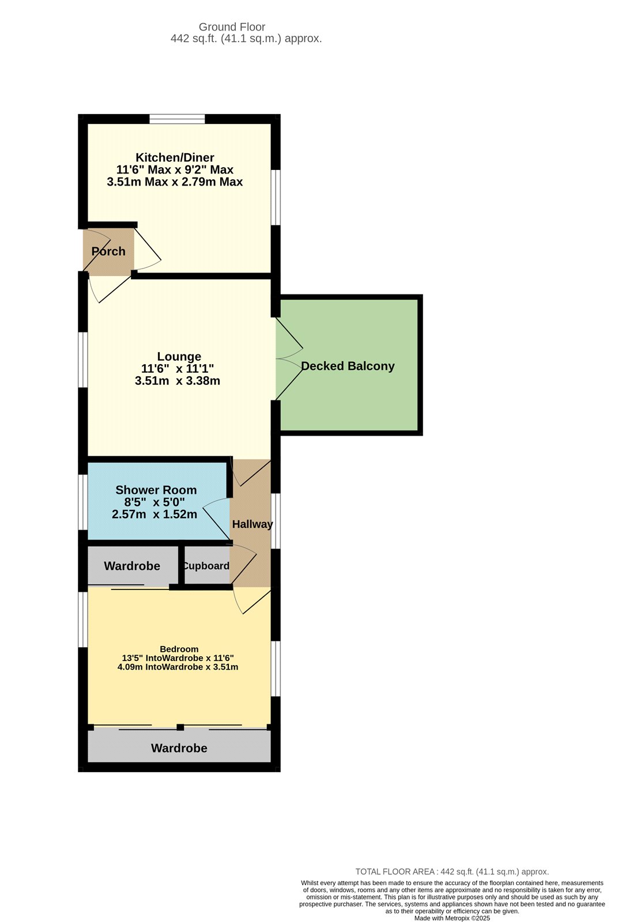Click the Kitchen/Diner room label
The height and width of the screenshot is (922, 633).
tap(175, 157)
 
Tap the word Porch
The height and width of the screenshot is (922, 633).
tap(108, 251)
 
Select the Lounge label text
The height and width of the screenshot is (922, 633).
tap(179, 357)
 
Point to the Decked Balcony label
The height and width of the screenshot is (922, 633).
tap(348, 366)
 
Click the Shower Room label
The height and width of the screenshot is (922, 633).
tap(156, 490)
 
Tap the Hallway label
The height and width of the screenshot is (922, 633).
tap(252, 524)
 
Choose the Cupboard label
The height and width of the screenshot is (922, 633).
tap(206, 566)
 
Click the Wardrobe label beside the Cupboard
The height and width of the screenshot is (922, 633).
tap(132, 566)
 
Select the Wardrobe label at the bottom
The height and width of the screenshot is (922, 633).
tap(179, 748)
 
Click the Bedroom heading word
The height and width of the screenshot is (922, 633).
tap(179, 649)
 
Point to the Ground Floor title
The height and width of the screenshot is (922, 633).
tap(232, 27)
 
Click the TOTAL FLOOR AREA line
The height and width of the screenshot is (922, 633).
tap(452, 872)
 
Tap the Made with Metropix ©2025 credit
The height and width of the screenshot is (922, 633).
tap(452, 918)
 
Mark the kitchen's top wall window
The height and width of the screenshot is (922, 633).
tap(177, 119)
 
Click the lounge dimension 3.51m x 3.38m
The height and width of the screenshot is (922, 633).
tap(178, 381)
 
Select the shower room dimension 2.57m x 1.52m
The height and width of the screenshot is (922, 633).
tap(155, 515)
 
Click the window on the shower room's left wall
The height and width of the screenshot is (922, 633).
tap(83, 501)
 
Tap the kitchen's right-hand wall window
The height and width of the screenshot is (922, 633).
tap(276, 197)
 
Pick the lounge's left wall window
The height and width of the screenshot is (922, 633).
tap(83, 360)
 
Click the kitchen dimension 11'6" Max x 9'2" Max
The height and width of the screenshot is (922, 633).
tap(175, 169)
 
